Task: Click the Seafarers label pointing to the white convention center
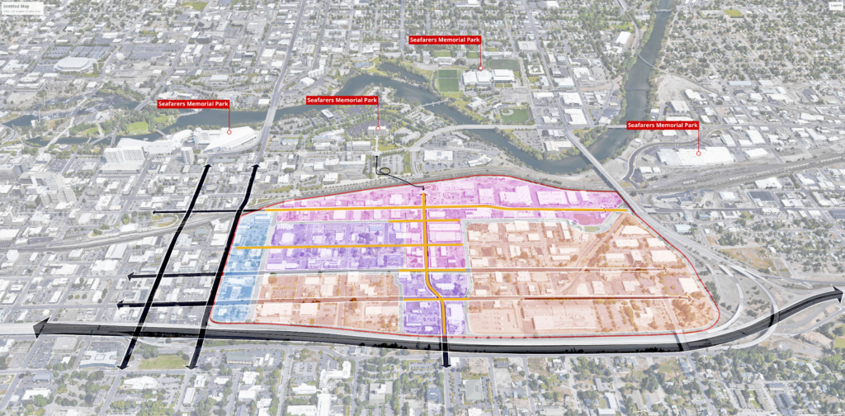coord(193,104)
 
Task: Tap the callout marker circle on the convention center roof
coord(229,132)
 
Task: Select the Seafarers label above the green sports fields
coord(445,40)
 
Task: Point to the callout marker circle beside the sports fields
coord(480,68)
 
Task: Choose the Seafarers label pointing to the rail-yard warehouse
coord(663,125)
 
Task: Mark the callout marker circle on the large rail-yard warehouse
coord(699,153)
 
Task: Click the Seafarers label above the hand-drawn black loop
coord(342,100)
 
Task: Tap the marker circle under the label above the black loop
coord(378,128)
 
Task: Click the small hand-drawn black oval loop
coord(383,172)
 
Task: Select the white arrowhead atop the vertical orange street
coord(424,191)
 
